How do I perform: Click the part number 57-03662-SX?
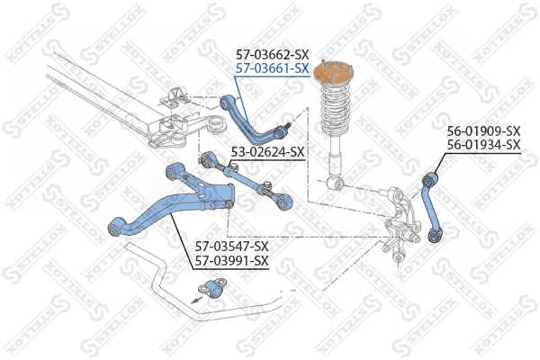click(272, 54)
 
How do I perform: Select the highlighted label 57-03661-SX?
click(272, 67)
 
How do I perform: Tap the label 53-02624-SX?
click(268, 151)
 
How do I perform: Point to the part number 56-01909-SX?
click(484, 131)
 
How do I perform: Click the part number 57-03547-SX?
click(232, 246)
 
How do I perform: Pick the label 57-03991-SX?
click(232, 260)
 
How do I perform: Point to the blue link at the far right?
click(432, 203)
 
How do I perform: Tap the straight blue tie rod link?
click(241, 176)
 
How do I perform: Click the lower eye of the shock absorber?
click(337, 184)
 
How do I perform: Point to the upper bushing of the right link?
click(428, 179)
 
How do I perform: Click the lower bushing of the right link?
click(436, 236)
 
